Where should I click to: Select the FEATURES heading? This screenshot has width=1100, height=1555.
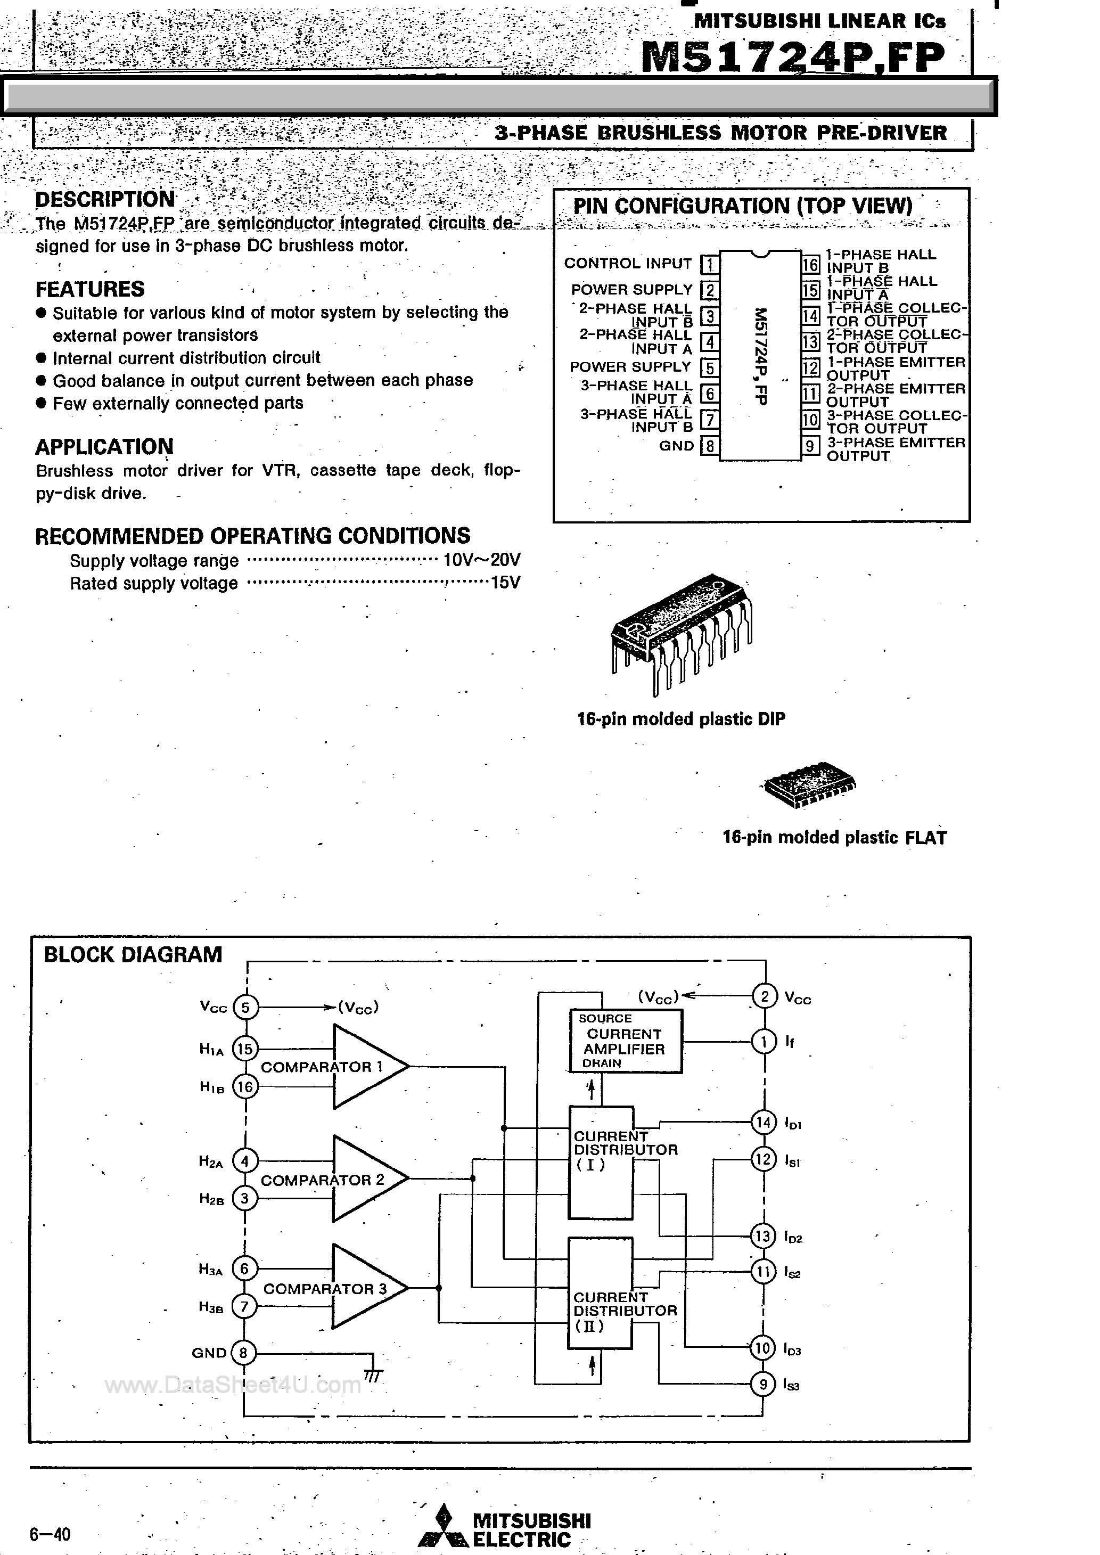[x=89, y=289]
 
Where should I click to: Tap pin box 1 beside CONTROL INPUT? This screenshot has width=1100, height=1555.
[x=709, y=264]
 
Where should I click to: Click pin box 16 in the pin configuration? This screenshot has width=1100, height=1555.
[x=811, y=264]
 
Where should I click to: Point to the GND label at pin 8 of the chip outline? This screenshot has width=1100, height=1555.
[x=676, y=446]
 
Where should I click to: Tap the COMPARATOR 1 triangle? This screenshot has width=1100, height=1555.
[x=366, y=1067]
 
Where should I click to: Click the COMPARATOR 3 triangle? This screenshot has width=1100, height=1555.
[x=366, y=1288]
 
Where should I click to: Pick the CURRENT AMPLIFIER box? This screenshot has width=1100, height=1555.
[x=625, y=1041]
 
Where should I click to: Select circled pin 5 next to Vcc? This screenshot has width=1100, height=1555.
[x=245, y=1007]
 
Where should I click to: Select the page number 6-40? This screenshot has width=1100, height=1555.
[x=50, y=1533]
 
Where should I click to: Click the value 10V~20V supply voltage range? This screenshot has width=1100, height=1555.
[x=482, y=560]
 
